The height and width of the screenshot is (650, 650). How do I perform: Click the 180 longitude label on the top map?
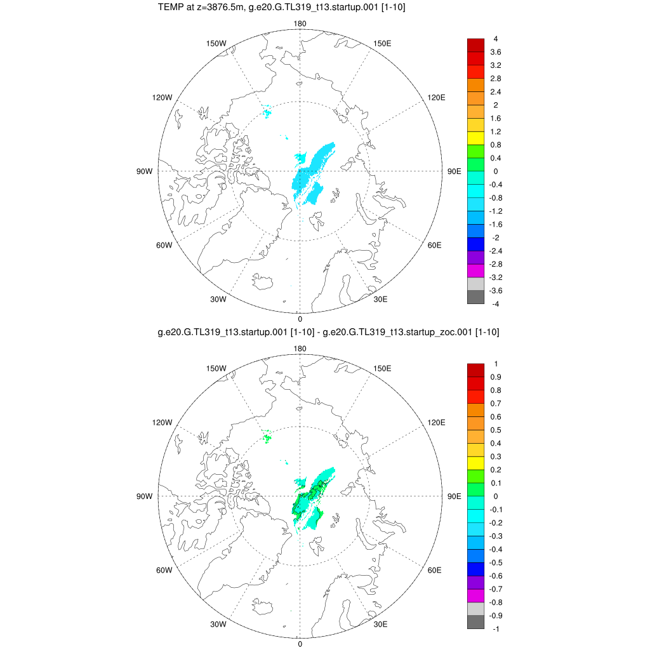pos(300,24)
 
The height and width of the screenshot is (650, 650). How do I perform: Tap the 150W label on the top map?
pos(217,43)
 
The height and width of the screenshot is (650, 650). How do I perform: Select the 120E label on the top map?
pos(436,97)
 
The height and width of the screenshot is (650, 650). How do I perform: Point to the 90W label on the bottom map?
pos(145,496)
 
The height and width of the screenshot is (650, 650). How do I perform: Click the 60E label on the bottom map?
pos(435,570)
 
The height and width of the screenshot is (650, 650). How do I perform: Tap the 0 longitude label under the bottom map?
pos(300,644)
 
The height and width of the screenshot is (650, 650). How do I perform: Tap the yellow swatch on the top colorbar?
pos(476,138)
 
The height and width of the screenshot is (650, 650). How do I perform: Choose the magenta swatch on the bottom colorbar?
pos(476,595)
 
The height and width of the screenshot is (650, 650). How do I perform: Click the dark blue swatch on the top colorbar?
pos(476,244)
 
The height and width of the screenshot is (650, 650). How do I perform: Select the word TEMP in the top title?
pos(169,8)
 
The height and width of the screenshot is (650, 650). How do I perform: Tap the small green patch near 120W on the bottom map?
pos(267,437)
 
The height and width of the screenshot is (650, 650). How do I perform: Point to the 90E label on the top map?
pos(454,171)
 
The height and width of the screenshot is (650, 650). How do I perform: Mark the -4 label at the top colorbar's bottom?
pos(495,304)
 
